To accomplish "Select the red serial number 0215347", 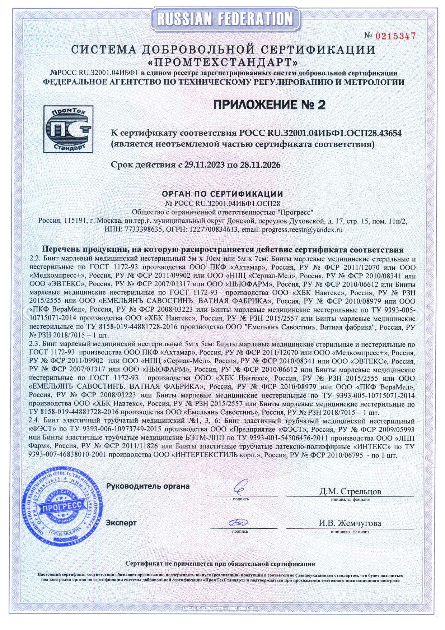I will click(x=395, y=36).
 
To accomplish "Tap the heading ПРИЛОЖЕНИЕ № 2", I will click(x=270, y=105).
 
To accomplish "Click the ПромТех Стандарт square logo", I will click(x=68, y=129).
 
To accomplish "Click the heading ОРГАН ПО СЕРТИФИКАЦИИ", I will click(x=222, y=194).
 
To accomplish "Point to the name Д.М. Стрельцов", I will click(x=350, y=491).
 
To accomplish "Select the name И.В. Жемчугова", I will click(x=350, y=523).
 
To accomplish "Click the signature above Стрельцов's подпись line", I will click(x=240, y=487).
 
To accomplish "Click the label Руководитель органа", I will click(x=148, y=486).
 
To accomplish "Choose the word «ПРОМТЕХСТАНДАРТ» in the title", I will click(x=223, y=62).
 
